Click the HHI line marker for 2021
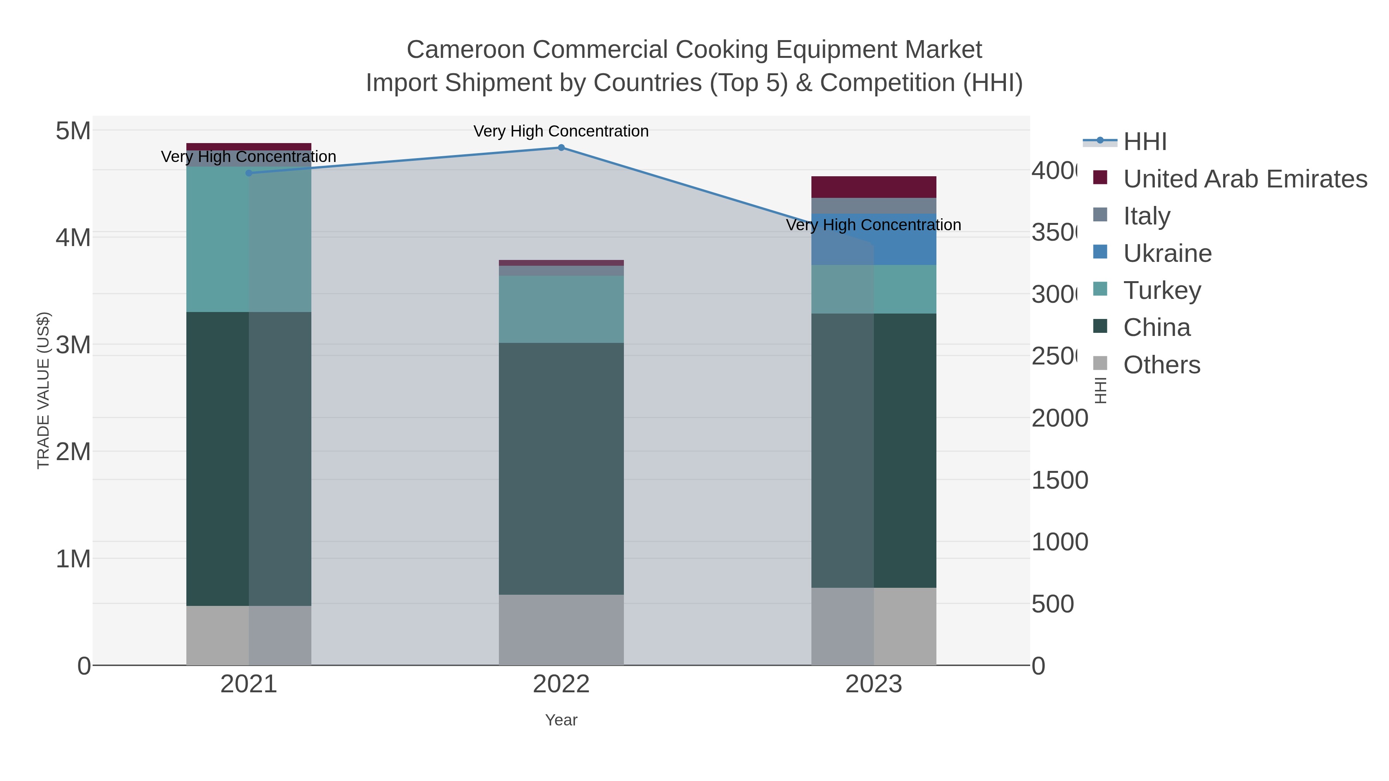tap(248, 173)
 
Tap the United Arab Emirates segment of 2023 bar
tap(874, 187)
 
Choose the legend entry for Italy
tap(1146, 216)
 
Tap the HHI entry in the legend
tap(1144, 142)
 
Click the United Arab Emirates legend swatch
tap(1100, 178)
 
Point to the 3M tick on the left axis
tap(73, 345)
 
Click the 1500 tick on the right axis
tap(1059, 480)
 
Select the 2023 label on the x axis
tap(874, 684)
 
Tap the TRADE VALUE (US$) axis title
tap(43, 390)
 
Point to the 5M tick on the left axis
tap(73, 131)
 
